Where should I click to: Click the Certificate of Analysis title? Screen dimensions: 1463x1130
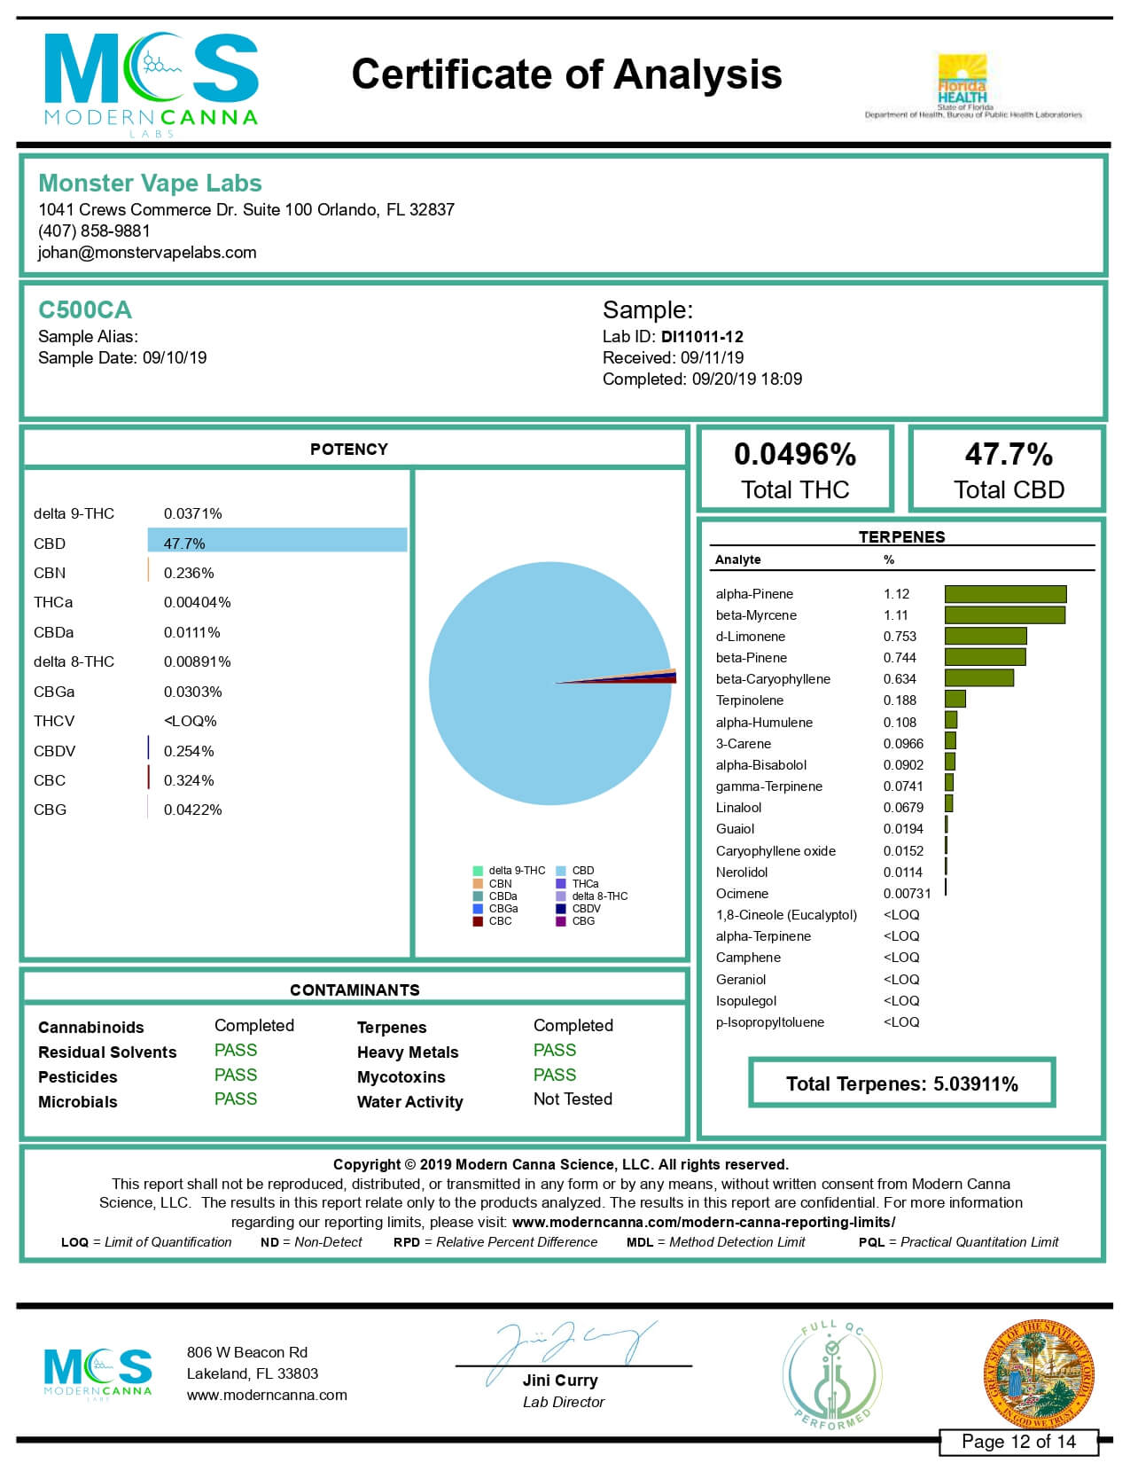tap(566, 74)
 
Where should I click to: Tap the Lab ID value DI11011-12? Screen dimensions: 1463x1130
tap(702, 337)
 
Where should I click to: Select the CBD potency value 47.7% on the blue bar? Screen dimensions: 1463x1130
tap(184, 544)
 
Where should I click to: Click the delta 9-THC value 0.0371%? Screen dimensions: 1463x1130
tap(192, 513)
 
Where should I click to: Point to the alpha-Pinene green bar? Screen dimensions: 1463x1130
tap(1005, 594)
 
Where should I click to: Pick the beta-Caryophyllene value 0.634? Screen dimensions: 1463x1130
tap(900, 679)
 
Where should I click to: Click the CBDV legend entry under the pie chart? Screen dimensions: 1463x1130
tap(586, 909)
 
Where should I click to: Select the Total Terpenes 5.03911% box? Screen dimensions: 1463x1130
tap(901, 1084)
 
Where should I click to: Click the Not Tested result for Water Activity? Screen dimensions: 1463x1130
tap(573, 1099)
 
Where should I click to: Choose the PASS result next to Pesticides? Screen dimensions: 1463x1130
tap(236, 1075)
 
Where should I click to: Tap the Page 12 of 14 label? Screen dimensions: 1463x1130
tap(1018, 1442)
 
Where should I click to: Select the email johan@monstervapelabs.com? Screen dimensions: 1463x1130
tap(147, 253)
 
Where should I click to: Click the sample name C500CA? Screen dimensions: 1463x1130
tap(84, 310)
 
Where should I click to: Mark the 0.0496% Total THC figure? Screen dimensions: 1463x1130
tap(795, 455)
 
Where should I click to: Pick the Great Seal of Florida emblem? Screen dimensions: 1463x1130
tap(1039, 1374)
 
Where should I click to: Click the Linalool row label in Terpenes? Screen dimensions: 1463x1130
tap(738, 808)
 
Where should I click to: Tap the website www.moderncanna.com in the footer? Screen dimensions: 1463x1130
tap(267, 1395)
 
